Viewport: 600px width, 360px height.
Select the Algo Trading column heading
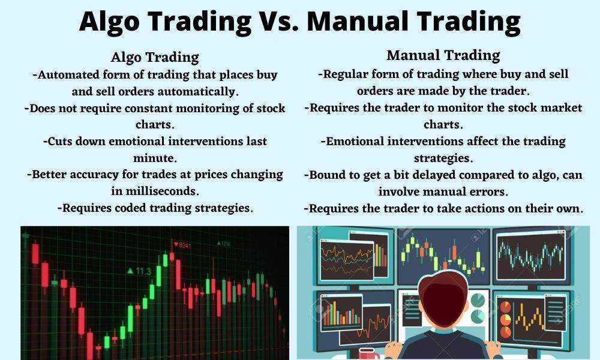tap(155, 58)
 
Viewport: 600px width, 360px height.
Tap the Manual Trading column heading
tap(443, 55)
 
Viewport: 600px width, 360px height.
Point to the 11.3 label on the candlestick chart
tap(139, 272)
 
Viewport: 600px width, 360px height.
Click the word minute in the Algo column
tap(155, 158)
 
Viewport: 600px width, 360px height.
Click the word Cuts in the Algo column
tap(59, 141)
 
